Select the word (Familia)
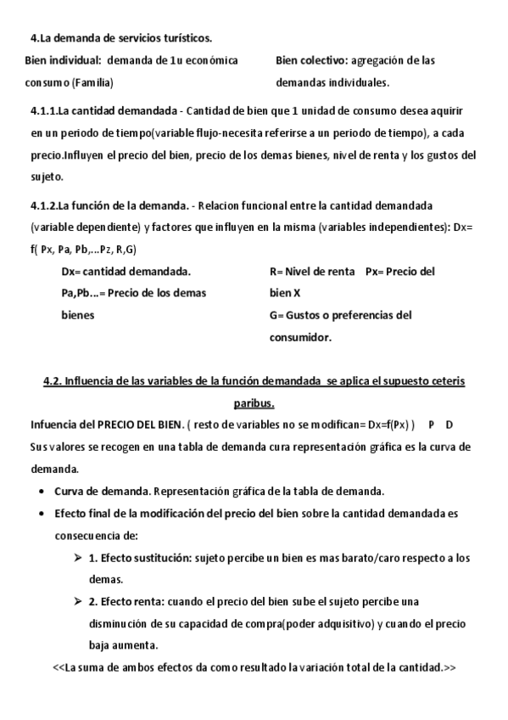(92, 83)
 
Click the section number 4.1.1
(44, 111)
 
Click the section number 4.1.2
(44, 206)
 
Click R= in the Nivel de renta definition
(276, 272)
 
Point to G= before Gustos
(277, 315)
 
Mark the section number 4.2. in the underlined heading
(53, 381)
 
